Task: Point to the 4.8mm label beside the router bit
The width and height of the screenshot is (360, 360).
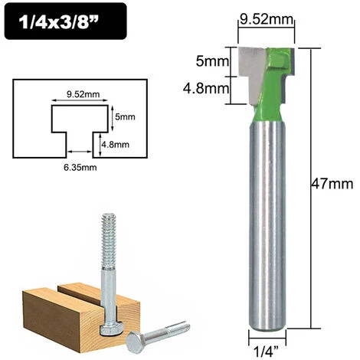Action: tap(209, 88)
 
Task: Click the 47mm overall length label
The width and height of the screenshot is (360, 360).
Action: tap(335, 184)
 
